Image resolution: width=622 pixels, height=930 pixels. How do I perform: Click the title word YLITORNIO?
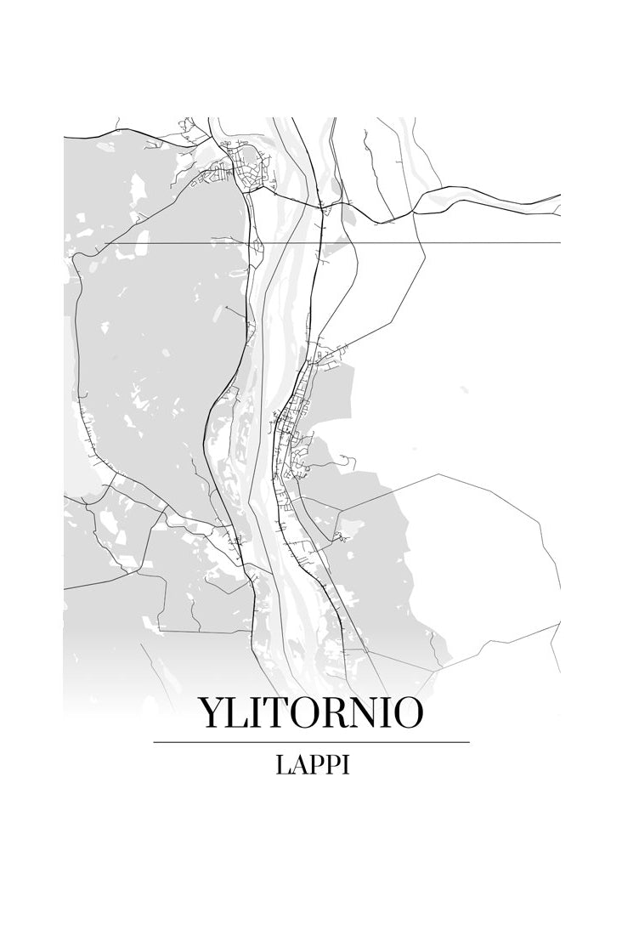(310, 713)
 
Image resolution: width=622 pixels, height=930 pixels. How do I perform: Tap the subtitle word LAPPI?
(312, 765)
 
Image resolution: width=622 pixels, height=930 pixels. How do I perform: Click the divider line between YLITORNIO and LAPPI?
(311, 742)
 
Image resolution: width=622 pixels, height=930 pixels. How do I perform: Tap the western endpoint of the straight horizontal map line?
(105, 244)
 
